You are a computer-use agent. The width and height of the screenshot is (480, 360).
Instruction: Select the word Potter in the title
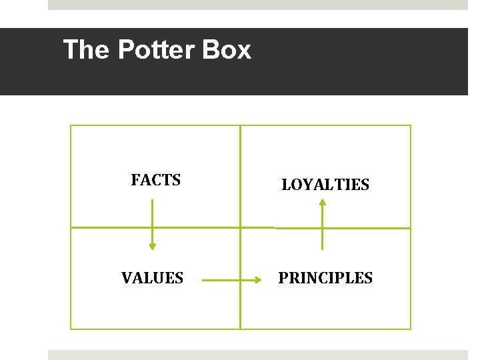click(x=148, y=50)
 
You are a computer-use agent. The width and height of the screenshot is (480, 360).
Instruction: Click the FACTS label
click(x=156, y=180)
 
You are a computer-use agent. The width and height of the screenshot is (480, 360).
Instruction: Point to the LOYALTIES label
click(x=325, y=185)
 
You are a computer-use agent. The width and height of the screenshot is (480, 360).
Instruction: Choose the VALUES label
click(x=152, y=278)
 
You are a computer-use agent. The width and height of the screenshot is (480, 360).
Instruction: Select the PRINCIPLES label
click(x=325, y=278)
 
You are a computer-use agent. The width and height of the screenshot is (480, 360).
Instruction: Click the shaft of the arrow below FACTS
click(x=152, y=220)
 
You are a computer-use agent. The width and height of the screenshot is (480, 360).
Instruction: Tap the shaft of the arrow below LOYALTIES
click(x=323, y=227)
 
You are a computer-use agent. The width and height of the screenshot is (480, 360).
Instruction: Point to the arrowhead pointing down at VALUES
click(x=152, y=247)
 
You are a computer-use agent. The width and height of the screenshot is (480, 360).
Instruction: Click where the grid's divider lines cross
click(x=240, y=228)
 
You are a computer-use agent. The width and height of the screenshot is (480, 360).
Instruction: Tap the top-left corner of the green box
click(x=71, y=125)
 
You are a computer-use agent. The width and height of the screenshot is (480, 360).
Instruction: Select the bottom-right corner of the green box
click(x=411, y=329)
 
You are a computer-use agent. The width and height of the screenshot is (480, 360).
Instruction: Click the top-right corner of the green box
click(x=411, y=125)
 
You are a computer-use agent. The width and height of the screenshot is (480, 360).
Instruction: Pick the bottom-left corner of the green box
click(x=71, y=329)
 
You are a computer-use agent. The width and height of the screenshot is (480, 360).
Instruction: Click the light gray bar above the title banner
click(x=258, y=5)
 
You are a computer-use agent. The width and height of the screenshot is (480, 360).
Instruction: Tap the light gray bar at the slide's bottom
click(x=258, y=355)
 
